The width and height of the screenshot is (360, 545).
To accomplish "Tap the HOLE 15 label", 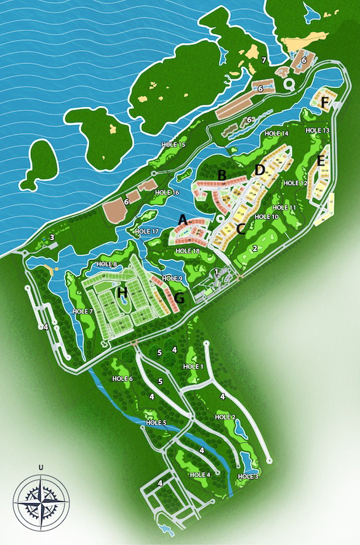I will point(173,145).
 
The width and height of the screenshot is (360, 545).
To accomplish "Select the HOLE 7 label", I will point(82,312).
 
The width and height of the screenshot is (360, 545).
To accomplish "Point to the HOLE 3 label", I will point(248,476).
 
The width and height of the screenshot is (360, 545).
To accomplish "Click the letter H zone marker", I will point(122,291).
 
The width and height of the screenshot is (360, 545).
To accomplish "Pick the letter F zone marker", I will point(325,102).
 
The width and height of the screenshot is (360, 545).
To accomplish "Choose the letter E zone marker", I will point(321,161).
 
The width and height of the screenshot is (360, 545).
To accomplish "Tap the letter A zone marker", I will point(182,219).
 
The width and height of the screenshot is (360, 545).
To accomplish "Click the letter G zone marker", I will point(180,298).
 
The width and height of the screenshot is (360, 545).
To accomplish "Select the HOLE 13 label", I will point(318,131).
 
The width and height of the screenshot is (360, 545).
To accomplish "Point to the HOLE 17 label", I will point(146,232).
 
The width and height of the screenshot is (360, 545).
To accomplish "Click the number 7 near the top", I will point(263,60).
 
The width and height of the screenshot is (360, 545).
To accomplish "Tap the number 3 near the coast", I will point(52,237).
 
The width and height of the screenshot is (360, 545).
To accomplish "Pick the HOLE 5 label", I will point(156,422).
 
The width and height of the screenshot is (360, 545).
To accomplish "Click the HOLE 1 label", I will point(193,367).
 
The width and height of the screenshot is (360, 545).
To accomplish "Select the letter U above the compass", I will point(41,466).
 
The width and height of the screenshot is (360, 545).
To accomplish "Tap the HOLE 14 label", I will point(276,134).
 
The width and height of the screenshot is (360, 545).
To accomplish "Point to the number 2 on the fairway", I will point(254,248).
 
